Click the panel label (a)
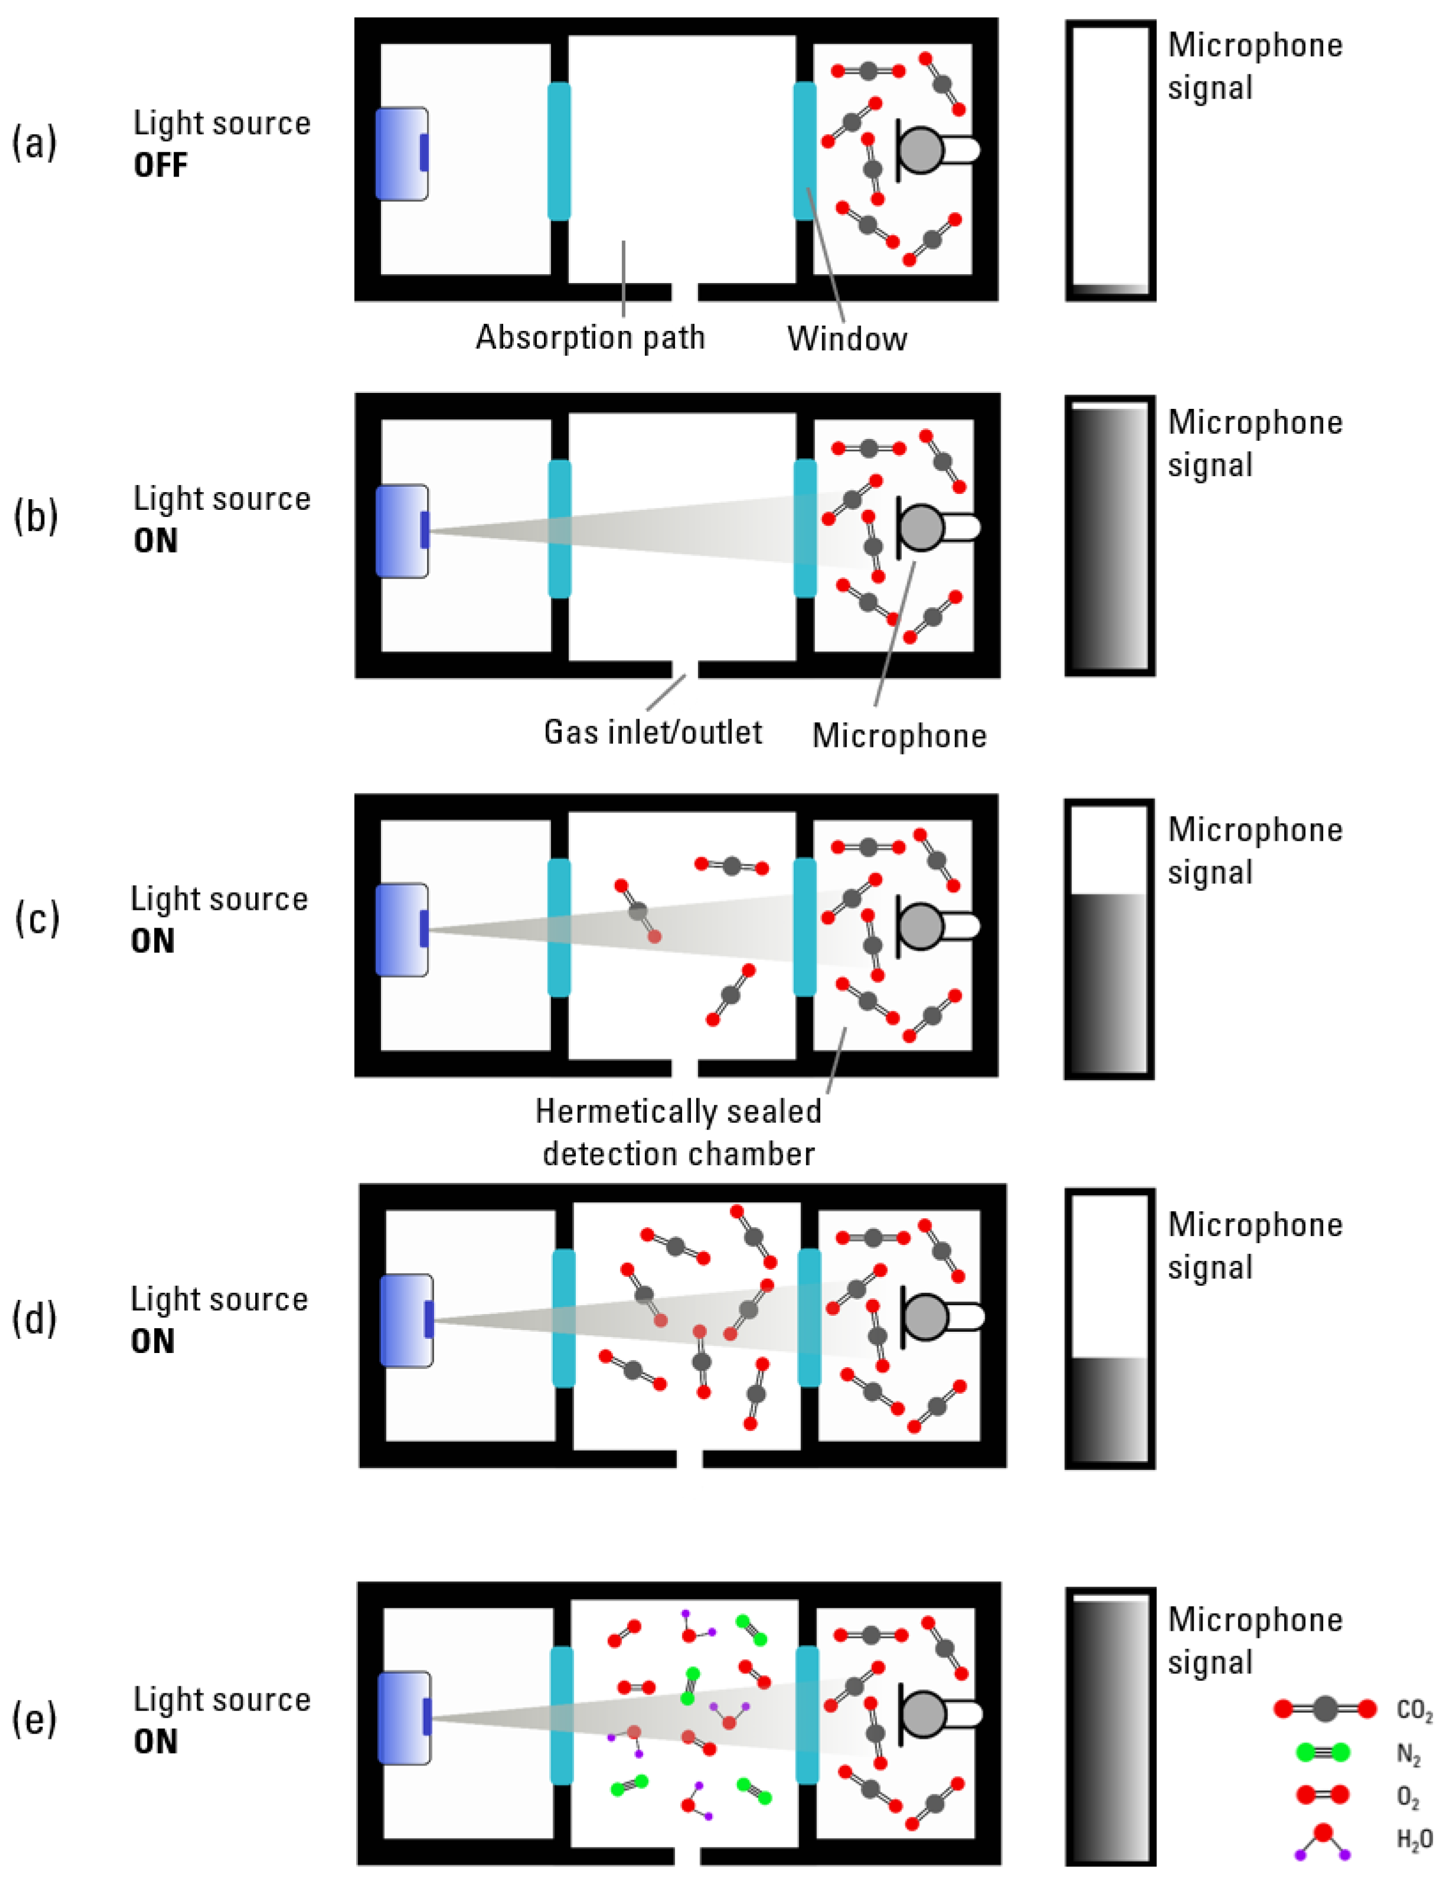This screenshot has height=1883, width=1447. [34, 142]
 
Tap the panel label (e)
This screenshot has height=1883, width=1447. [34, 1719]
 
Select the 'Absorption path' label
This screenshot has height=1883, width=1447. [590, 338]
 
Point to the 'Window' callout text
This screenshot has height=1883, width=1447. [847, 339]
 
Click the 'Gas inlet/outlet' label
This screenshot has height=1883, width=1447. [652, 732]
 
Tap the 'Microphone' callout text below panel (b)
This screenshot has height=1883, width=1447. [899, 736]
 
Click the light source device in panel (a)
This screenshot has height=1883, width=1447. [402, 154]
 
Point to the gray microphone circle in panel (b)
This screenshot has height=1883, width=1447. [921, 526]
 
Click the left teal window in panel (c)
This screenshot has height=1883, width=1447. [559, 927]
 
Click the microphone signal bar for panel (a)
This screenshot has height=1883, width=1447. [1110, 161]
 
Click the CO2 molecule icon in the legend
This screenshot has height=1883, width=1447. [1325, 1709]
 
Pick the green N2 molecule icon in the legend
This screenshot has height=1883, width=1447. [1323, 1752]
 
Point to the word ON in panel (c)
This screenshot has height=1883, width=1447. [152, 941]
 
